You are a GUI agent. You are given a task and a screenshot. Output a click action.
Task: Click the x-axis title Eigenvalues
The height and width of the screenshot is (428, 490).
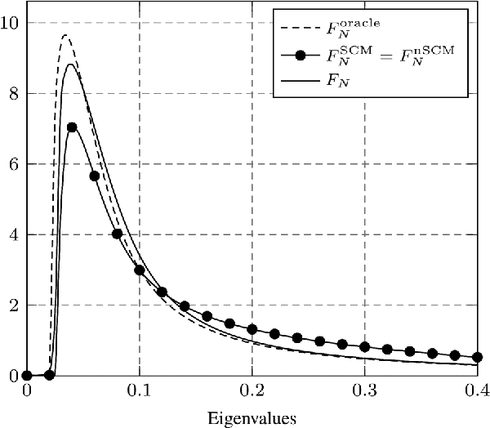click(251, 417)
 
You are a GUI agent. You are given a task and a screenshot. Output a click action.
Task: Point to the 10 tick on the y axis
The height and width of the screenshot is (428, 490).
click(11, 23)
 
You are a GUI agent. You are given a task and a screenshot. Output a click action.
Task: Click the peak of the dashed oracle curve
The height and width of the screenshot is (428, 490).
click(65, 36)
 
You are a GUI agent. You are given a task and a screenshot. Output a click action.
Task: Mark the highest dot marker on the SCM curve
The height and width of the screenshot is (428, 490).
click(72, 127)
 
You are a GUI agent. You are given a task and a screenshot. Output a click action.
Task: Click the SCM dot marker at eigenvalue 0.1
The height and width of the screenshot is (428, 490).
click(140, 270)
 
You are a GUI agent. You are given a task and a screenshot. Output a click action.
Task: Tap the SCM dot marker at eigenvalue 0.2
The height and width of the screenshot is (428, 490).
click(252, 329)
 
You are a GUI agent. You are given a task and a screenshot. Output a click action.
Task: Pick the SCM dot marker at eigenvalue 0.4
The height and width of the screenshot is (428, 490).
click(477, 357)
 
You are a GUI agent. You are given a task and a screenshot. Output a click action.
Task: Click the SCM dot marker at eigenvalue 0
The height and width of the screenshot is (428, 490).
click(27, 376)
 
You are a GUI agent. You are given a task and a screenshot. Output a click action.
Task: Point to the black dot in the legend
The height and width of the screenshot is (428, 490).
click(300, 56)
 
